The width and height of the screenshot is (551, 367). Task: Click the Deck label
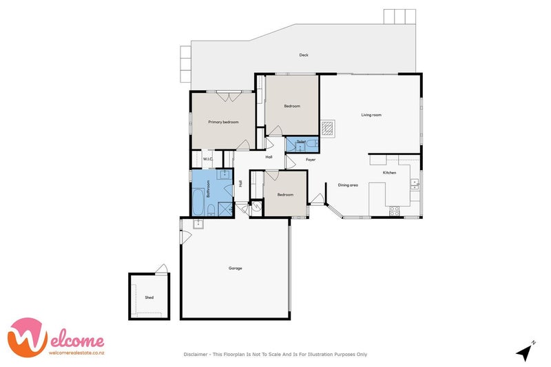(304, 55)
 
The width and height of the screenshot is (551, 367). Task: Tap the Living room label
(371, 115)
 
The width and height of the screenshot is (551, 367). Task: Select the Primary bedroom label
(224, 122)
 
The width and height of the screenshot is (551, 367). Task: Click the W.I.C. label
(208, 159)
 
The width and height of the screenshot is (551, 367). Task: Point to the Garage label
(236, 268)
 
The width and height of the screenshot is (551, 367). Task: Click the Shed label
(149, 297)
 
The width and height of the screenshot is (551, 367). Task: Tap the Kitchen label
(389, 172)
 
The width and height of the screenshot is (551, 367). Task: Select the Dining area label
(348, 185)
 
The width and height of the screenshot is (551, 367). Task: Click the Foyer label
(311, 160)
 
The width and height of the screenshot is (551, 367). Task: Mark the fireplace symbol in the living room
(329, 128)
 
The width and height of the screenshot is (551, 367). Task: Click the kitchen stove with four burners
(395, 211)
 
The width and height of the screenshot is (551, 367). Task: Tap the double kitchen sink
(414, 184)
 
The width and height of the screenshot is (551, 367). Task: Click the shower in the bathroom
(225, 208)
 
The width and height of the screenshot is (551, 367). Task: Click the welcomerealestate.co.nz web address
(76, 353)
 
